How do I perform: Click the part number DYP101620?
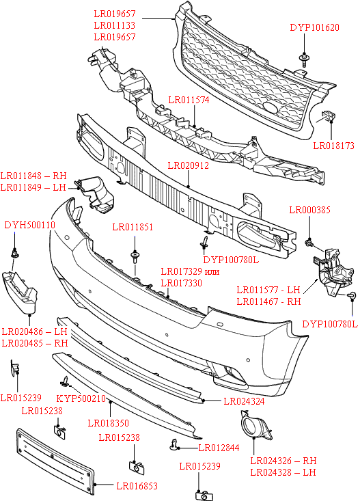pyautogui.click(x=314, y=28)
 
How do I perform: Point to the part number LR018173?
pyautogui.click(x=333, y=145)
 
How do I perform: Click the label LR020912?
pyautogui.click(x=189, y=165)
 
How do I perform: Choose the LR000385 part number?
pyautogui.click(x=310, y=210)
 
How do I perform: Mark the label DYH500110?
pyautogui.click(x=29, y=225)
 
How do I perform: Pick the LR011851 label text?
pyautogui.click(x=133, y=227)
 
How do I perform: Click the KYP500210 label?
pyautogui.click(x=81, y=399)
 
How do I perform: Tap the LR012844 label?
pyautogui.click(x=219, y=448)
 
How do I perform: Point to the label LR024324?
pyautogui.click(x=244, y=401)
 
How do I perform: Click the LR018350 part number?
pyautogui.click(x=109, y=423)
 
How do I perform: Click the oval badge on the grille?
pyautogui.click(x=271, y=109)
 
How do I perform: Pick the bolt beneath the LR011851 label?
pyautogui.click(x=135, y=257)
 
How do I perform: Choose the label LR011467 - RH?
pyautogui.click(x=268, y=301)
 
